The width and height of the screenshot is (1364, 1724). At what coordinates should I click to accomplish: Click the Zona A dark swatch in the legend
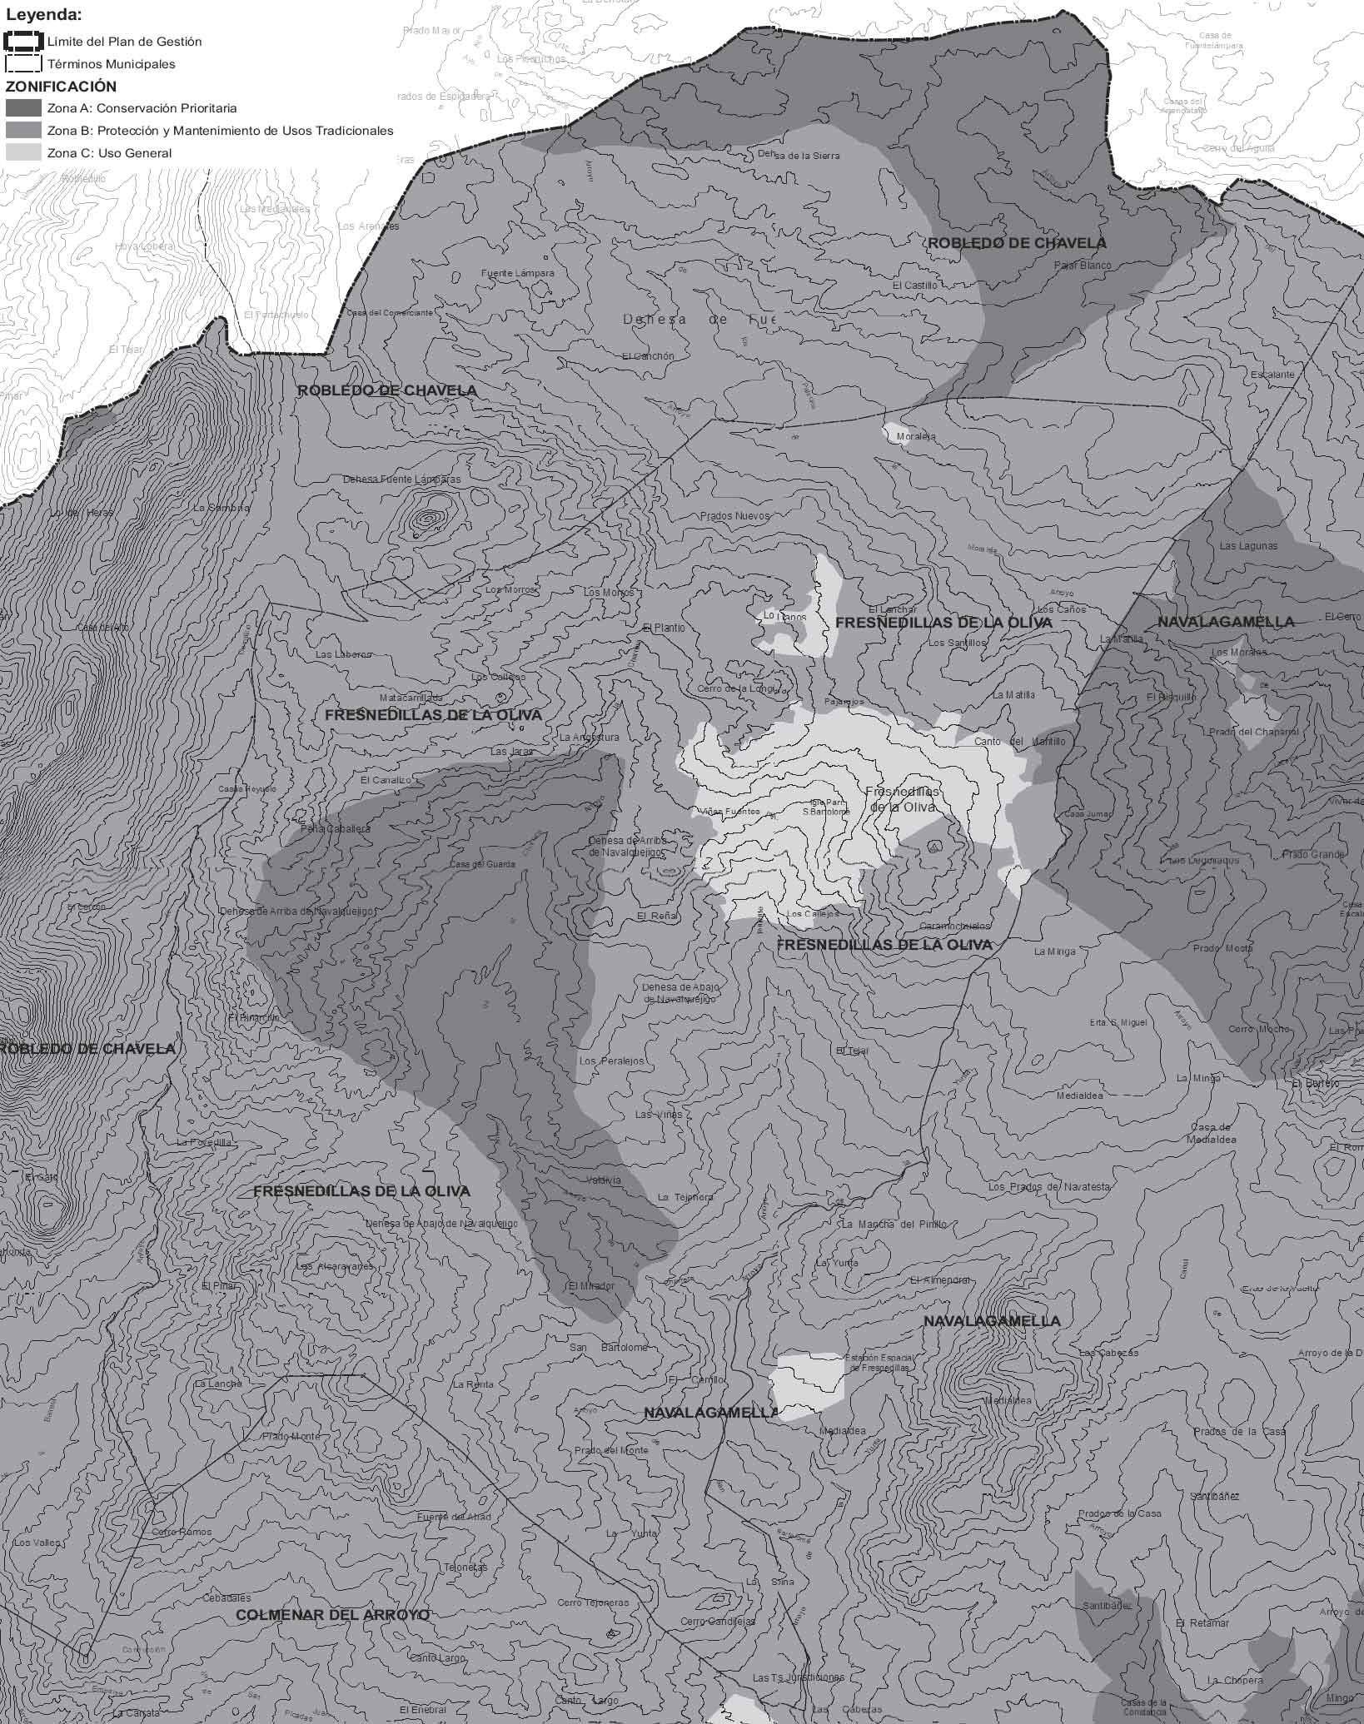(23, 108)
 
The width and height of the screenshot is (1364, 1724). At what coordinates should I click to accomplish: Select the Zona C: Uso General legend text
(109, 153)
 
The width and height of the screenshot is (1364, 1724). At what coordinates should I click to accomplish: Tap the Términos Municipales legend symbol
(23, 64)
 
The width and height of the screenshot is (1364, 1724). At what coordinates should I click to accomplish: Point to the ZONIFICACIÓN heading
(61, 87)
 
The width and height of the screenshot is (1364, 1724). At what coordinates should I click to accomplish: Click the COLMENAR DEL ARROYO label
(332, 1615)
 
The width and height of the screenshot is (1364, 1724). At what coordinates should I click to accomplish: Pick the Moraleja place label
(916, 436)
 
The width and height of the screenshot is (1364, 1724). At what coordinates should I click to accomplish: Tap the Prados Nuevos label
(734, 516)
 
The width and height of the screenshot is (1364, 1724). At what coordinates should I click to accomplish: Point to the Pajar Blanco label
(1083, 266)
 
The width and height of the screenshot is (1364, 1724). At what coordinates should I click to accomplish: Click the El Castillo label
(914, 285)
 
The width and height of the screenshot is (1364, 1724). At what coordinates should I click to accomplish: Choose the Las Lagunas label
(1247, 546)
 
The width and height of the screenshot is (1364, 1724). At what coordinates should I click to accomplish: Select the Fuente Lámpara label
(517, 273)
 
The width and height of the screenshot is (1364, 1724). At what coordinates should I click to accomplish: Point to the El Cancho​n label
(648, 356)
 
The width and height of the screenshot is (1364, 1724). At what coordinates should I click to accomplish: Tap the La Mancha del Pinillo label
(894, 1225)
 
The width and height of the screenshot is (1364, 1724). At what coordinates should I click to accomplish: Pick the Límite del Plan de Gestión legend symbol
(23, 41)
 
